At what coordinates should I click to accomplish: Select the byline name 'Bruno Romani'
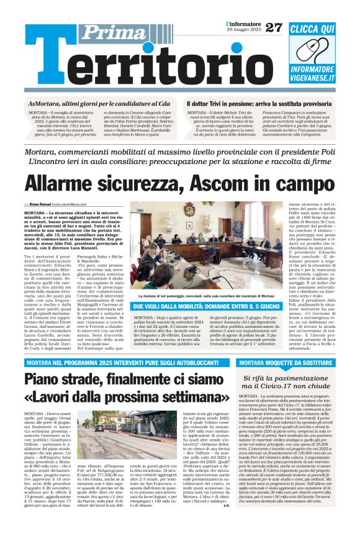41,204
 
